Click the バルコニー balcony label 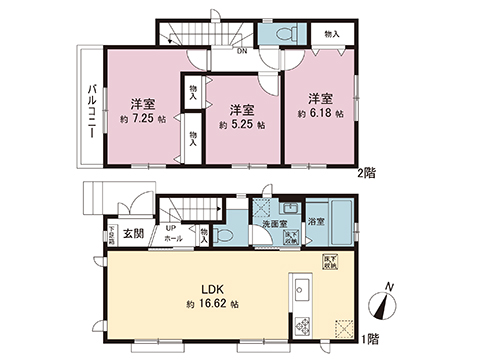coord(90,110)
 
